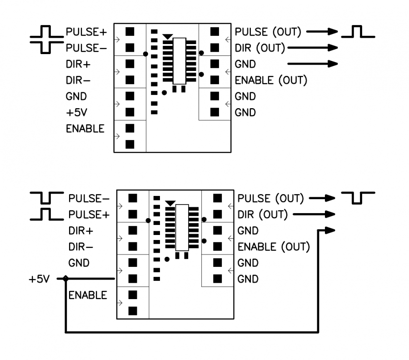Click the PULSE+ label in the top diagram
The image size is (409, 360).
click(86, 32)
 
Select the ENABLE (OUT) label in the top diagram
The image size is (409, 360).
click(271, 80)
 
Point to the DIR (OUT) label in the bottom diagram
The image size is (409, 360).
click(263, 214)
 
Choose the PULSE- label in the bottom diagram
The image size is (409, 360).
click(89, 199)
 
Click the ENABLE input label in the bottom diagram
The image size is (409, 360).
click(88, 295)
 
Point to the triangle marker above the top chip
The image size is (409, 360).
click(168, 36)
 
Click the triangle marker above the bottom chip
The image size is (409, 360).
click(170, 203)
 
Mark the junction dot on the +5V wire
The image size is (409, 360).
click(66, 279)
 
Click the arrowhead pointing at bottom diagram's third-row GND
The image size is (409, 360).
click(330, 230)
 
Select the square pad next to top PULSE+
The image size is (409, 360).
click(130, 31)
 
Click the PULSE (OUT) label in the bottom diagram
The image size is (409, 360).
click(270, 199)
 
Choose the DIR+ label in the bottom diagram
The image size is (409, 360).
click(81, 231)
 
